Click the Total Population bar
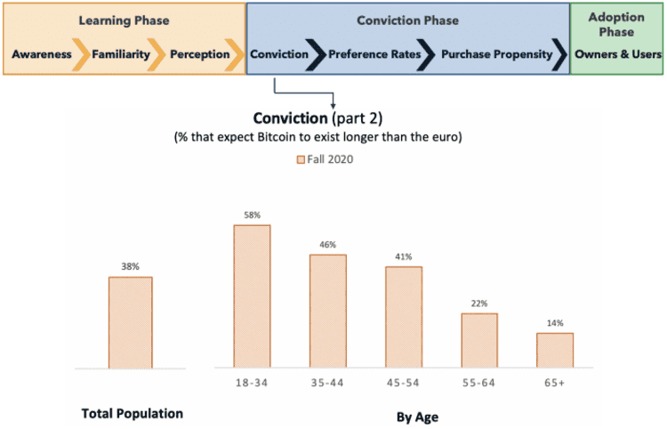[130, 321]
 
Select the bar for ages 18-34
[252, 295]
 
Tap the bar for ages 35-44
[327, 311]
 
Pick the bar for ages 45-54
[403, 316]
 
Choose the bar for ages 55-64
[479, 339]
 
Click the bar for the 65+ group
[555, 349]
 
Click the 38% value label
[130, 267]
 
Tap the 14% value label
[555, 323]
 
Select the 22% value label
[479, 304]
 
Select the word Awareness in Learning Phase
[42, 54]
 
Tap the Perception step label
[199, 54]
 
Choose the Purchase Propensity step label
[497, 54]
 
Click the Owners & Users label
[616, 54]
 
